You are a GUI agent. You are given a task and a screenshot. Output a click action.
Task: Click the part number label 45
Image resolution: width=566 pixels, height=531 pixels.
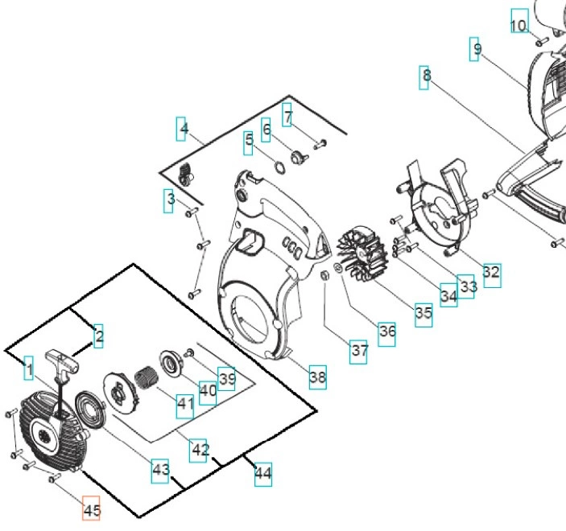pos(92,509)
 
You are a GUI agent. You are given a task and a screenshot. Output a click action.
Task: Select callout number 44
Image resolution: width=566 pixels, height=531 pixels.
pos(262,474)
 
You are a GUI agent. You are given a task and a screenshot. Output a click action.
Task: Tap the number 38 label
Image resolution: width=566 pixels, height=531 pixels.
pos(318,376)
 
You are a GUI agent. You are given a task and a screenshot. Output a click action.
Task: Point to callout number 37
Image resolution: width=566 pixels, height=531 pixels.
pos(359,351)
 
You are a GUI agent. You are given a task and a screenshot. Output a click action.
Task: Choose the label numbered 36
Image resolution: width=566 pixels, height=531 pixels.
pos(387,331)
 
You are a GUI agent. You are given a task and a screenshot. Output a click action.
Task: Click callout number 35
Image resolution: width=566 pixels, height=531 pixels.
pos(423,314)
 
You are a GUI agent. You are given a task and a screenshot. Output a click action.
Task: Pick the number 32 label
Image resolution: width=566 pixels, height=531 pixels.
pos(490,273)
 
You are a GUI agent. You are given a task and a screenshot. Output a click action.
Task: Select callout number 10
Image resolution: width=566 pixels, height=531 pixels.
pos(518,25)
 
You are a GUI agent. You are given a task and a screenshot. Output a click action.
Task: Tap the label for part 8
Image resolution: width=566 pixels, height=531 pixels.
pos(426,76)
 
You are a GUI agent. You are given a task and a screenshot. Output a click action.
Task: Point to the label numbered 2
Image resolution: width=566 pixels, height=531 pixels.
pos(98,336)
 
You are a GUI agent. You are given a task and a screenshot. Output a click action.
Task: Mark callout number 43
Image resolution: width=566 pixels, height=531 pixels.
pos(161,469)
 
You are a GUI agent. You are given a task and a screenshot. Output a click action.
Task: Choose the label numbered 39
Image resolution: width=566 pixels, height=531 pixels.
pos(226,379)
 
